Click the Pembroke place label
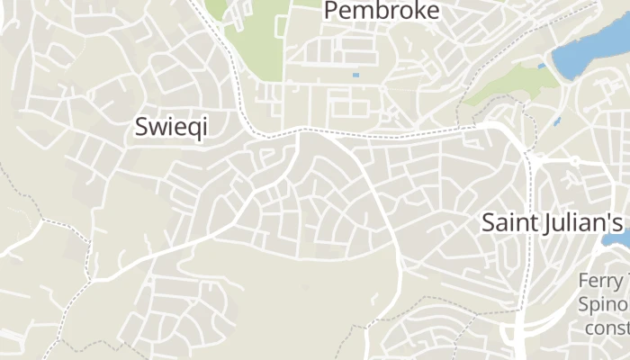[382, 11]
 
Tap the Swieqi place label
[171, 127]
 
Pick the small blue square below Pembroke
[355, 75]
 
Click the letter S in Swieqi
[141, 127]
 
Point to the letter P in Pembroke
[330, 11]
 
